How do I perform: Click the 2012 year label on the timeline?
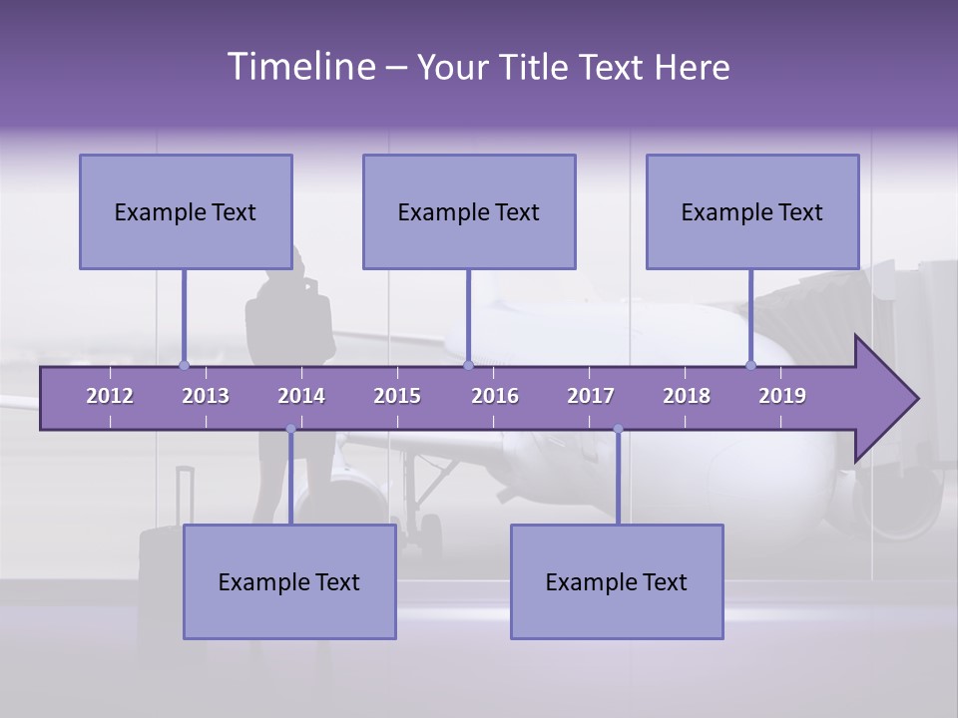coord(110,396)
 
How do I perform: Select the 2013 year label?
coord(206,396)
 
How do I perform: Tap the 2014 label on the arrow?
coord(301,396)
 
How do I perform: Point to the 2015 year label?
coord(397,396)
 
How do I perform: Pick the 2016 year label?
coord(495,396)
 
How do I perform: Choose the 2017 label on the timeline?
coord(591,396)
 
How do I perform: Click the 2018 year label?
coord(687,396)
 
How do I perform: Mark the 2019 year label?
coord(782,396)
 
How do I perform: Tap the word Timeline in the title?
coord(299,67)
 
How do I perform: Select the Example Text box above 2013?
coord(186,211)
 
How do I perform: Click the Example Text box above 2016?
coord(469,211)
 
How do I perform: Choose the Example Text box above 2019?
coord(752,211)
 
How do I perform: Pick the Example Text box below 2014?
coord(289,581)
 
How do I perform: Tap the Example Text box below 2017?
coord(617,581)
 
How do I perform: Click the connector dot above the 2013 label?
coord(184,365)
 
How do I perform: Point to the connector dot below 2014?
coord(290,429)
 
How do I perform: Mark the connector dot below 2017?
coord(618,429)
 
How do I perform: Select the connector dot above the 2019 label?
coord(750,365)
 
